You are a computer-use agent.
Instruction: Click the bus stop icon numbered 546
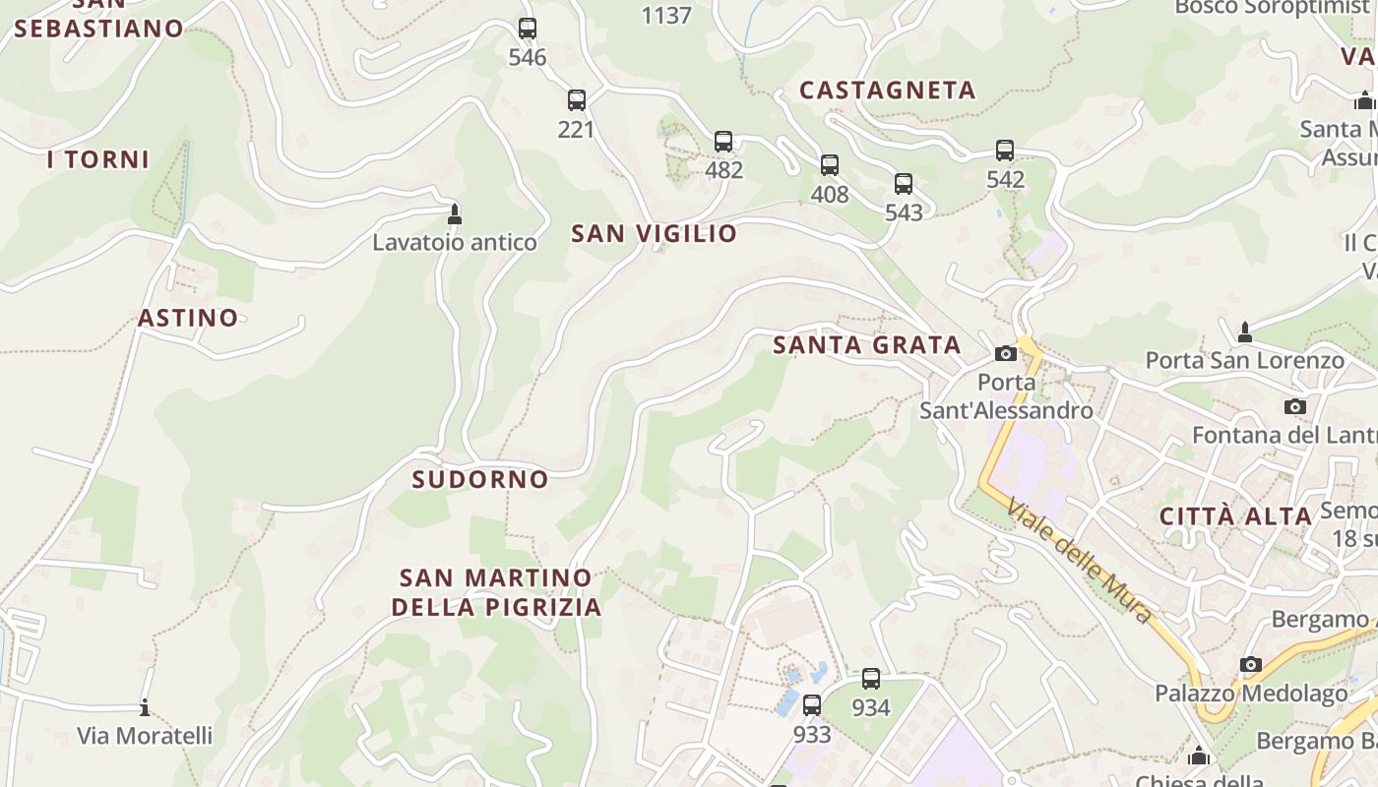click(x=528, y=29)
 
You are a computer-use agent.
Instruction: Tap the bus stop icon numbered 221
click(x=577, y=100)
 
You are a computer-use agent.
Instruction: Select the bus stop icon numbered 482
click(x=723, y=142)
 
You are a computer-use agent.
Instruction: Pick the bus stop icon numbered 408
click(x=830, y=165)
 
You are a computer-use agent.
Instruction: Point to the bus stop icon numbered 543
click(x=904, y=184)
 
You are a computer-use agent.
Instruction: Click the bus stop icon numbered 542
click(x=1005, y=151)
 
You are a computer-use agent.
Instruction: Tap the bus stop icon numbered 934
click(x=871, y=679)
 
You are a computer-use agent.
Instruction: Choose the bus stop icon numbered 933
click(x=812, y=705)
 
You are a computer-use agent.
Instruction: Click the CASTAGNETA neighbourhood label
click(x=888, y=91)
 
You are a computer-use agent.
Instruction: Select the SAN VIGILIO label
click(x=655, y=233)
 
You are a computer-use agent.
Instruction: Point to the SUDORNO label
click(x=480, y=479)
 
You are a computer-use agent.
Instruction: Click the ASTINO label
click(x=188, y=318)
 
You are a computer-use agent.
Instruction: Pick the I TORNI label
click(x=98, y=159)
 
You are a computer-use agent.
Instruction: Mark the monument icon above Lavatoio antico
click(x=455, y=213)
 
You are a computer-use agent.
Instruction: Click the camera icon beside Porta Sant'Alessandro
click(x=1005, y=354)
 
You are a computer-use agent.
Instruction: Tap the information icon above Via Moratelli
click(x=145, y=707)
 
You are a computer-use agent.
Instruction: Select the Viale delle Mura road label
click(x=1079, y=561)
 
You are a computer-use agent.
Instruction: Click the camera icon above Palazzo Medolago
click(x=1251, y=665)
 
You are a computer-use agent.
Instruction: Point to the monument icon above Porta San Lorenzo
click(x=1245, y=333)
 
